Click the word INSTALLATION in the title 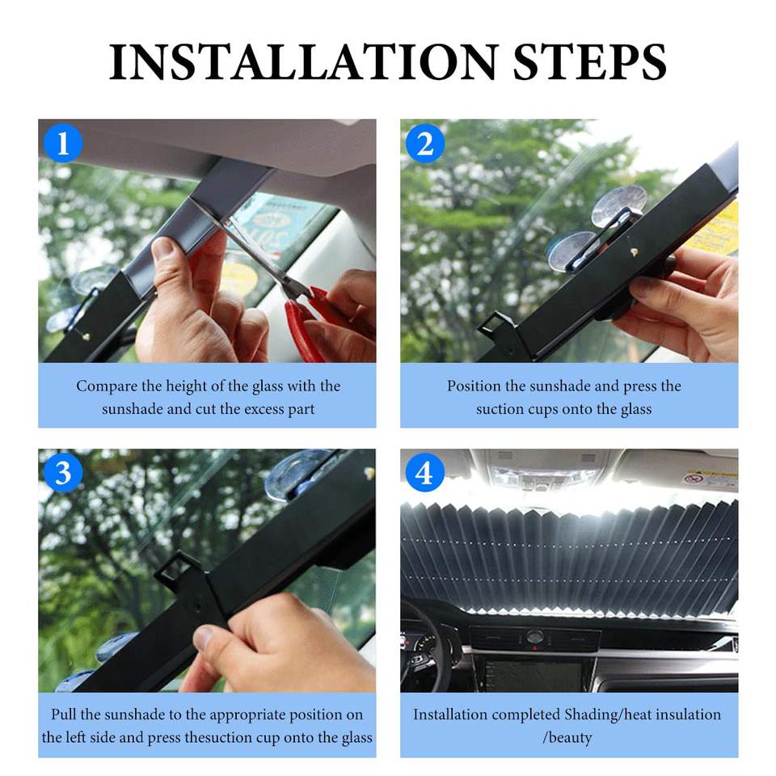tap(303, 62)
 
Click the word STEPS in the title tap(590, 62)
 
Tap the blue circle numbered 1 tap(63, 143)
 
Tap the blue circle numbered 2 tap(425, 143)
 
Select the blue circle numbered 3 tap(63, 473)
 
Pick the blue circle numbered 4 tap(425, 473)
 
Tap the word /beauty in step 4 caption tap(567, 738)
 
